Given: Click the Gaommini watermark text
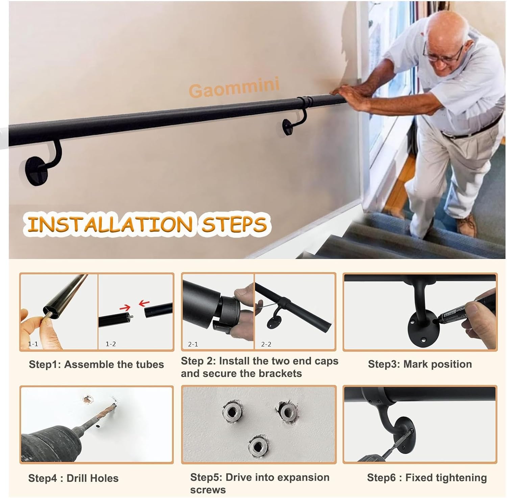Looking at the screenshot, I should click(234, 87).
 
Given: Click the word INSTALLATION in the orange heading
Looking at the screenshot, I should click(110, 224).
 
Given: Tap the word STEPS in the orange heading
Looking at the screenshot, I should click(234, 224).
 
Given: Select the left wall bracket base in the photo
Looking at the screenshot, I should click(36, 170).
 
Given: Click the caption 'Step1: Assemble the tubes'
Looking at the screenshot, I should click(96, 364).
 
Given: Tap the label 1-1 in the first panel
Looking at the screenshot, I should click(33, 344).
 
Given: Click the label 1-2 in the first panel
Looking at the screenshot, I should click(111, 344).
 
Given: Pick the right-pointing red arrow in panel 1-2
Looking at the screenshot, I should click(125, 308).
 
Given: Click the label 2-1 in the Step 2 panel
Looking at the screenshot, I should click(193, 344).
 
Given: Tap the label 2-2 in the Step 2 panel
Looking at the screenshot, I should click(266, 344).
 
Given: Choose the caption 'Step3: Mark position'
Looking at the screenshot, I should click(420, 364).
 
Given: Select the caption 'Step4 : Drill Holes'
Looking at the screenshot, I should click(73, 478).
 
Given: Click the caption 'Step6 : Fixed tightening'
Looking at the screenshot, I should click(427, 478).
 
